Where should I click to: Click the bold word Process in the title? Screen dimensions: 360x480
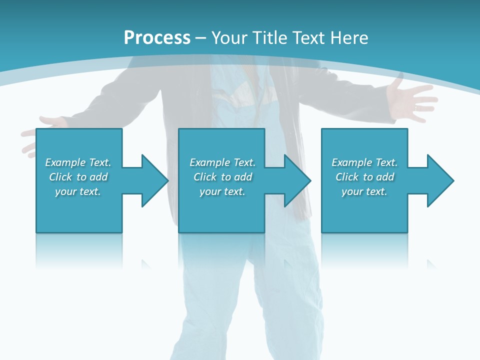157,38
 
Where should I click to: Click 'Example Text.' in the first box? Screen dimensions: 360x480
78,162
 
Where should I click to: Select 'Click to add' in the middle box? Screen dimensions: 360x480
222,177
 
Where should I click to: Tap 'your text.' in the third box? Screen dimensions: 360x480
364,191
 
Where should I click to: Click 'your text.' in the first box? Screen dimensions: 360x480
78,191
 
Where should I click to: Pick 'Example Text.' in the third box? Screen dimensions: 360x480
364,162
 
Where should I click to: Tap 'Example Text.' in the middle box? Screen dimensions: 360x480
222,162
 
